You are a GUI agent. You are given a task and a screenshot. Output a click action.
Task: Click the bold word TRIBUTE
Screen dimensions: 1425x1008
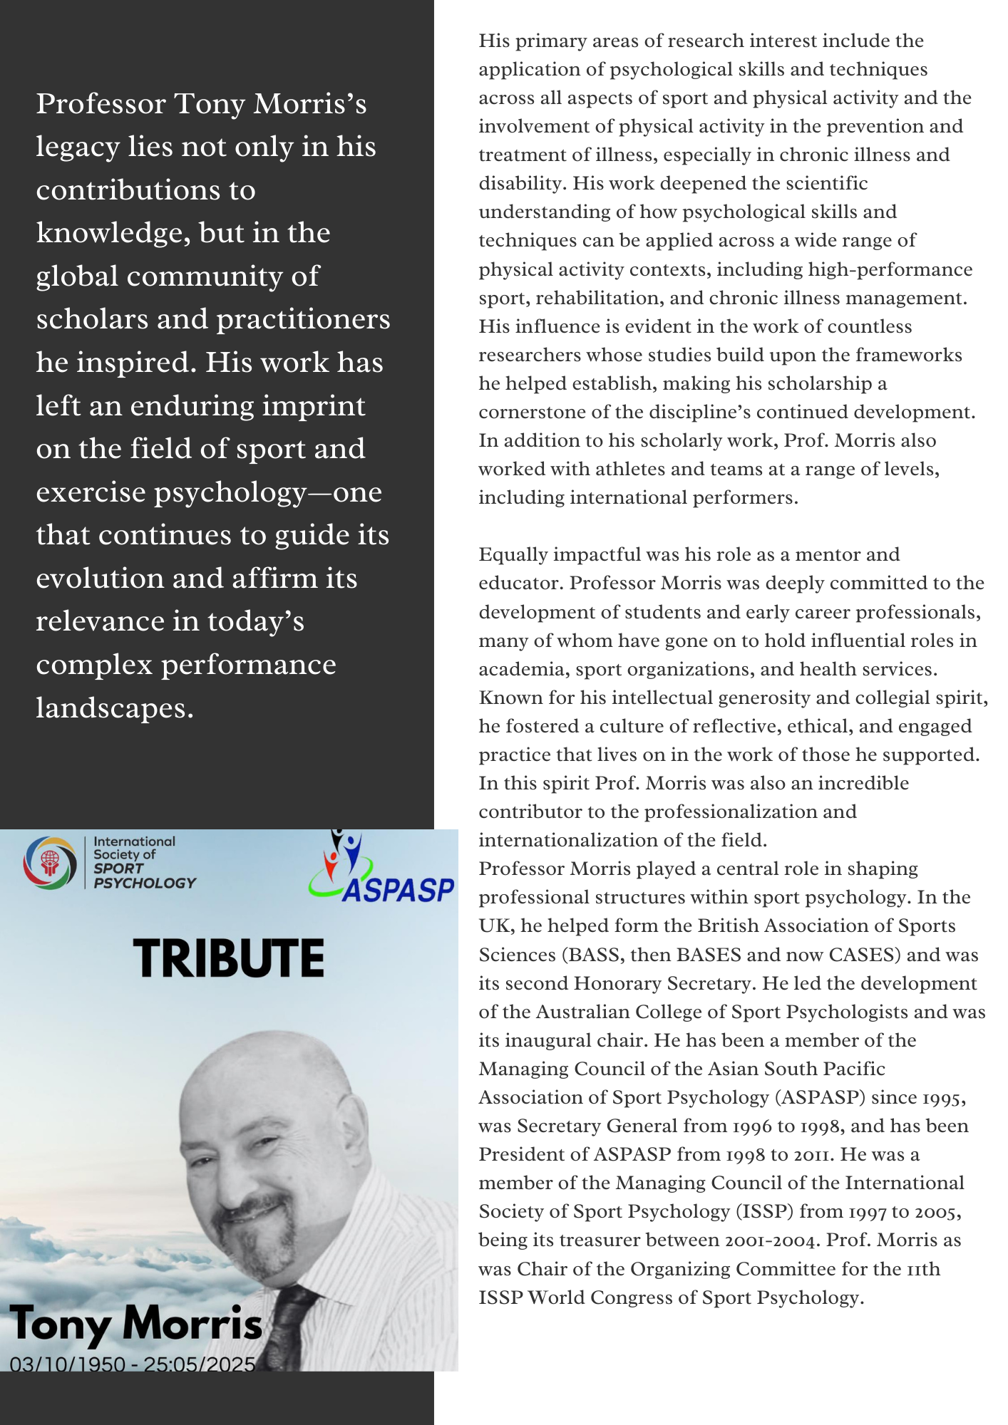(229, 958)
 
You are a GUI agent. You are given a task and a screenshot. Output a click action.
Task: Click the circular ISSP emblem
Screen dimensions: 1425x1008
(50, 863)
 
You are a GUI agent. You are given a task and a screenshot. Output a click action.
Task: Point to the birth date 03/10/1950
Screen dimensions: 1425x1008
(68, 1364)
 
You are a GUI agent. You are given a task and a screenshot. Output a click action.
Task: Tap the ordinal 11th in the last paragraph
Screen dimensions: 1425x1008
(922, 1269)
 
